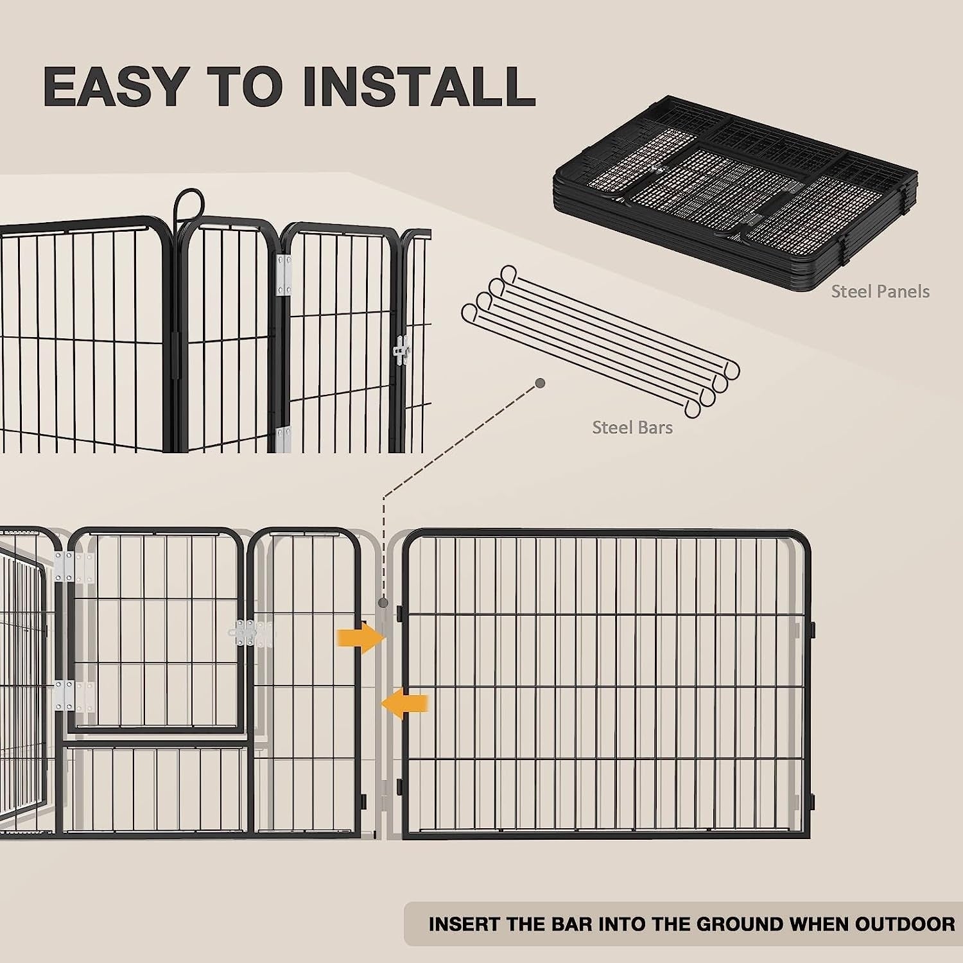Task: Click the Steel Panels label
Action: tap(880, 291)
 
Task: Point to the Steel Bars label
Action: tap(632, 428)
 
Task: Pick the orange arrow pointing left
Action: tap(406, 704)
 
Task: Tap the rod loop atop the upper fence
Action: tap(187, 203)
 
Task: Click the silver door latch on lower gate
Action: tap(247, 634)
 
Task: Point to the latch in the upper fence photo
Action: tap(403, 351)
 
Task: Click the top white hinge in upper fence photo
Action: tap(284, 275)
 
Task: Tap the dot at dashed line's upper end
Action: tap(540, 383)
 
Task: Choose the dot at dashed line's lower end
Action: tap(383, 603)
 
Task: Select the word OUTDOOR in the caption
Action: tap(905, 924)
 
